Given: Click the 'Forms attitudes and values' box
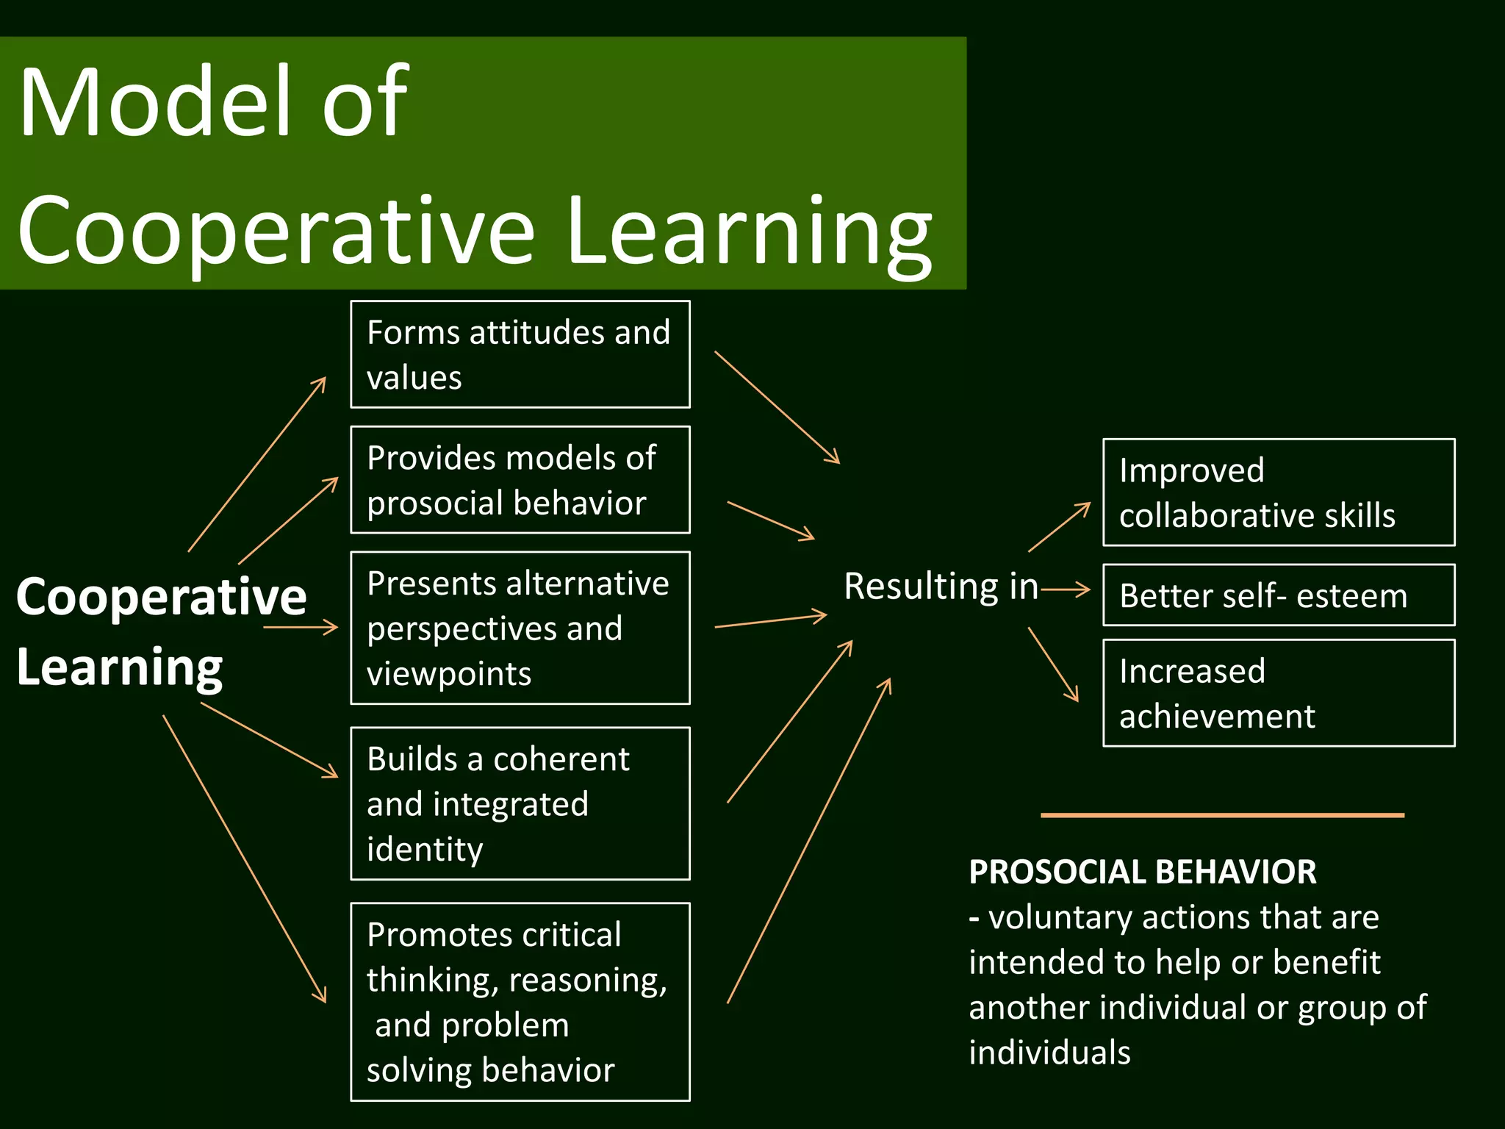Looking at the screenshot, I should (x=520, y=354).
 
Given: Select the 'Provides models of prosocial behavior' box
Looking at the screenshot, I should (x=520, y=480).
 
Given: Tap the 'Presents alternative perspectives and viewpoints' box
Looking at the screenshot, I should (x=520, y=628).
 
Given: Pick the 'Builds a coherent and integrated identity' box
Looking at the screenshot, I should (x=520, y=803).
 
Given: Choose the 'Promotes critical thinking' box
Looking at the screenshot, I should (x=520, y=1002).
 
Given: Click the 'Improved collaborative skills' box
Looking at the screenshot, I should (x=1279, y=492).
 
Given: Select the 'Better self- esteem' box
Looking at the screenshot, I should (x=1279, y=595).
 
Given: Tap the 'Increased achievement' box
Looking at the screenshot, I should (x=1279, y=693).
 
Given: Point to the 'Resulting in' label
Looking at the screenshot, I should (x=941, y=587).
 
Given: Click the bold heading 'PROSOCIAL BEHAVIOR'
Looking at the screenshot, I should (x=1142, y=872).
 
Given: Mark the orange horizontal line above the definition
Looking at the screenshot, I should (x=1222, y=815).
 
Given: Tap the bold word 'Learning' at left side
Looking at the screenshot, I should (x=119, y=667).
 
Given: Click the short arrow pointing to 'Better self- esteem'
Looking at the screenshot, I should (x=1066, y=589).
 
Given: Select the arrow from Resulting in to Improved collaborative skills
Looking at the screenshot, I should (x=1059, y=527).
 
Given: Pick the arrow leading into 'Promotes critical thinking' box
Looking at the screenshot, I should (x=244, y=859).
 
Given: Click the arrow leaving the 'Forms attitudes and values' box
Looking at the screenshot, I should (x=777, y=407).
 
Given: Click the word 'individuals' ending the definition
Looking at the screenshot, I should (x=1049, y=1053).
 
